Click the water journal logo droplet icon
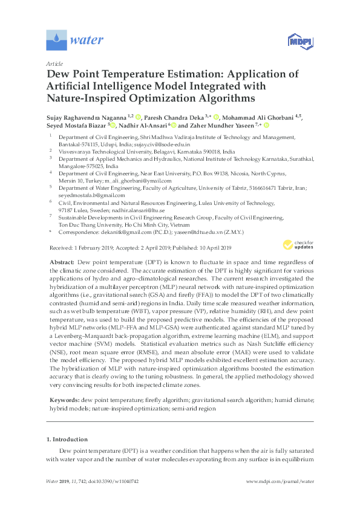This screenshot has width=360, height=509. tap(56, 41)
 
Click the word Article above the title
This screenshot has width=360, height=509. tap(54, 63)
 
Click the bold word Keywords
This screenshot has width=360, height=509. tap(63, 400)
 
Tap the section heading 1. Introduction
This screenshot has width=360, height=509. tap(67, 439)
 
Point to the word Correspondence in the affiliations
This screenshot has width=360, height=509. tap(75, 231)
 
